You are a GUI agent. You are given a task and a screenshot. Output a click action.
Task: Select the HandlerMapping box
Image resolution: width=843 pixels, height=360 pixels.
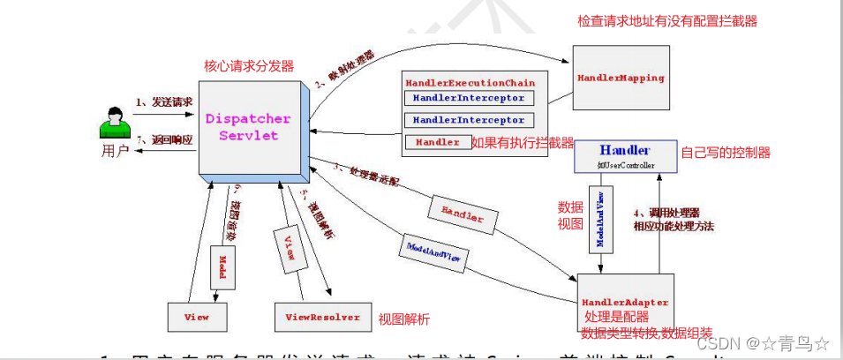point(621,79)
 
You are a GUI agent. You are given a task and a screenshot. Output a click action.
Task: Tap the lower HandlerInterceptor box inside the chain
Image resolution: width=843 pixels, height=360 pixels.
point(468,119)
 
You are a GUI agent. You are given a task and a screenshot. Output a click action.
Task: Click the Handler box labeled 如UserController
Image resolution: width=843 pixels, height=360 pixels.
point(624,156)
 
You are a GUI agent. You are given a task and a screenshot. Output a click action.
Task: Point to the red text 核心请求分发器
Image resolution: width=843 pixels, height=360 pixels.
point(249,66)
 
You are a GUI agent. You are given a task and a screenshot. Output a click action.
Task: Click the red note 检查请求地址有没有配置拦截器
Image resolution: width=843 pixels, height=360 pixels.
point(667,20)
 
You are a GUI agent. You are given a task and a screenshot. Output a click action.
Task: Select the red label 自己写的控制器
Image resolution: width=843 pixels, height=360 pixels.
point(726,153)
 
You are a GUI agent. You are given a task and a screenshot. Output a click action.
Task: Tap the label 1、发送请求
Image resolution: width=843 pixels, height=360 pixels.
point(164,101)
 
